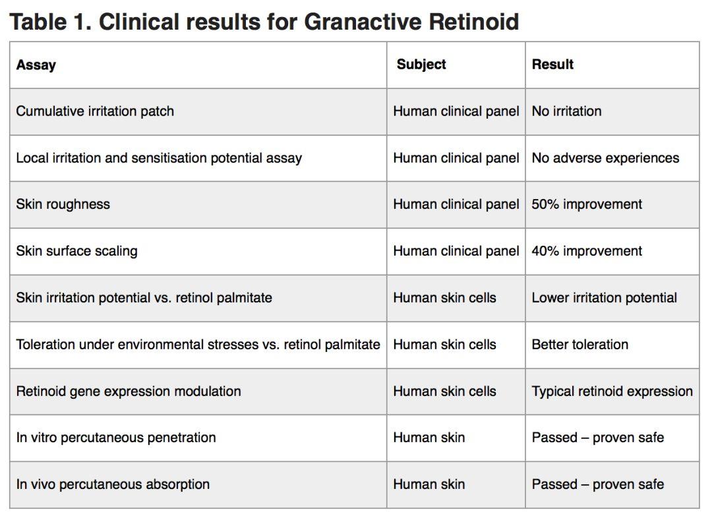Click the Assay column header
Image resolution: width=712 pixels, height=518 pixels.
[x=36, y=65]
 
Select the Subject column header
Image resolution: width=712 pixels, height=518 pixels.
[x=421, y=65]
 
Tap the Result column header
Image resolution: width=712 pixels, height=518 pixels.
[x=552, y=65]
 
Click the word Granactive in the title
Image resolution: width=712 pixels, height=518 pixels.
[x=363, y=22]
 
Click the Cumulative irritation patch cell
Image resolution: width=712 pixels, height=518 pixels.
[x=95, y=111]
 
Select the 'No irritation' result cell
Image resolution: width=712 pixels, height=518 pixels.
[x=567, y=111]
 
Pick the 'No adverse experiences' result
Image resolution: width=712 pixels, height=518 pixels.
[x=605, y=158]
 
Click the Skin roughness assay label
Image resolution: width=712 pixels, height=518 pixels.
[x=63, y=204]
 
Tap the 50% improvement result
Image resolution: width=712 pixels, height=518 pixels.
[x=587, y=204]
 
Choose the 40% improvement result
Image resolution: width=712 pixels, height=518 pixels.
[x=587, y=251]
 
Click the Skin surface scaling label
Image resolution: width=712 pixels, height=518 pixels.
[x=76, y=251]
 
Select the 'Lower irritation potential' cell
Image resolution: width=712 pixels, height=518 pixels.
[x=605, y=298]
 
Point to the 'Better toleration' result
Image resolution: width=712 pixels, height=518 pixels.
[x=580, y=345]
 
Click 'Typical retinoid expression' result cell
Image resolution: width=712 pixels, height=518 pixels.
[x=612, y=391]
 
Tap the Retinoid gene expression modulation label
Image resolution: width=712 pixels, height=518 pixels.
[x=129, y=391]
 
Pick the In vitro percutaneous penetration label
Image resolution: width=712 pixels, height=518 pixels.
[x=116, y=438]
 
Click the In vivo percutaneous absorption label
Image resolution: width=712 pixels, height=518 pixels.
[x=113, y=484]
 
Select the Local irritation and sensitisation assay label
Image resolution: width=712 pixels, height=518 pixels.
[x=159, y=158]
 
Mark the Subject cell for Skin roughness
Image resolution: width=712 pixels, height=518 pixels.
[x=456, y=204]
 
